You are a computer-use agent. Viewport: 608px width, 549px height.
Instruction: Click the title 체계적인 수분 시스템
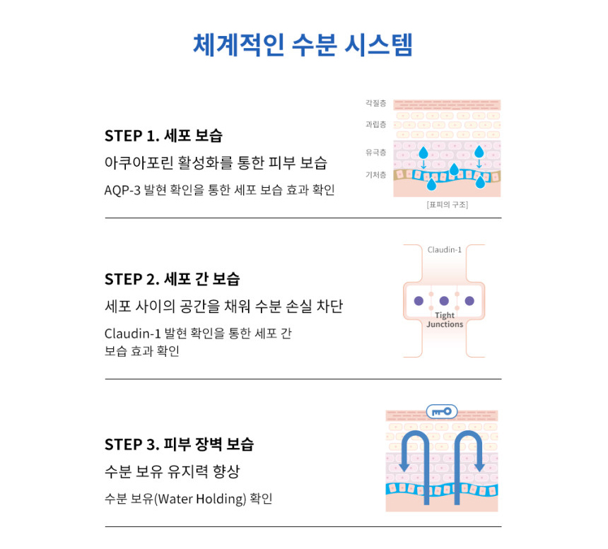coord(303,45)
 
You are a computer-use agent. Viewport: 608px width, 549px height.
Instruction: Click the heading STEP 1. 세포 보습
coord(163,136)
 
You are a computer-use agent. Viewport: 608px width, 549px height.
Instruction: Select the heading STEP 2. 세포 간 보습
coord(173,279)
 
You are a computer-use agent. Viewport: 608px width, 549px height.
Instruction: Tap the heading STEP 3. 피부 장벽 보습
coord(179,444)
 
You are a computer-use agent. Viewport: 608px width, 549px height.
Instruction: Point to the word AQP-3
coord(122,190)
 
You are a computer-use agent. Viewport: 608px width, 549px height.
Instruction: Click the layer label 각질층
coord(375,103)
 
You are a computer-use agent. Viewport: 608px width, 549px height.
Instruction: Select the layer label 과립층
coord(375,124)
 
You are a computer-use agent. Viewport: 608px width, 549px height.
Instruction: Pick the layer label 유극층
coord(375,152)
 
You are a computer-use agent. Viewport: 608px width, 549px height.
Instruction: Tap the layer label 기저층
coord(375,175)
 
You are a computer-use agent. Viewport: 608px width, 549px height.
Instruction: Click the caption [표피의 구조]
coord(448,205)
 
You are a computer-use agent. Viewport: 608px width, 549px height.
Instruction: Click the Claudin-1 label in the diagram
coord(445,250)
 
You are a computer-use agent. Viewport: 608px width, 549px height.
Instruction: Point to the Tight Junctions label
coord(445,320)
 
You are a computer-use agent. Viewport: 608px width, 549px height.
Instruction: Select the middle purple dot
coord(444,301)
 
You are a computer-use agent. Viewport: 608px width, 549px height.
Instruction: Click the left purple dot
coord(419,301)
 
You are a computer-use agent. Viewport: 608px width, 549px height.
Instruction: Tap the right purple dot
coord(469,301)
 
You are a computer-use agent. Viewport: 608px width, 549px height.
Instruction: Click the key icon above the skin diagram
coord(442,411)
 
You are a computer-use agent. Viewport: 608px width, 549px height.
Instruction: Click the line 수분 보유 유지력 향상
coord(173,471)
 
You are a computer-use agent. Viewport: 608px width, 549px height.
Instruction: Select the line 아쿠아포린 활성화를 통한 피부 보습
coord(216,163)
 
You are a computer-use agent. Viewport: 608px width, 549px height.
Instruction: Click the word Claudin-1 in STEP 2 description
coord(133,333)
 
